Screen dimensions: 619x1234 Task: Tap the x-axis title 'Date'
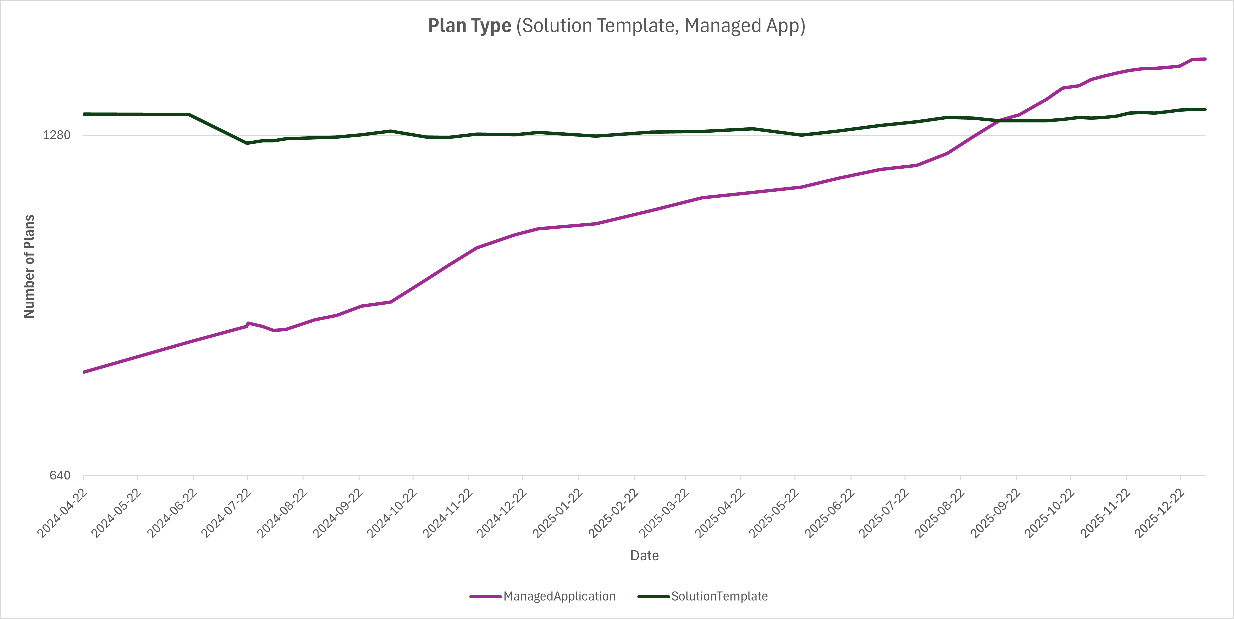644,555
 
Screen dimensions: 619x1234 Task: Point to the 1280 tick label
56,135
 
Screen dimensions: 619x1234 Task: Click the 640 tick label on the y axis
60,475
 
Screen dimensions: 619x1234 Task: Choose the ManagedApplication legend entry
559,596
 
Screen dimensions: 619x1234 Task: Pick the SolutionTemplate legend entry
719,596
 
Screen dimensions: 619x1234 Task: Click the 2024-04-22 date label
62,513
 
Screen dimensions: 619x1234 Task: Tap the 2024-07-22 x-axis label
226,513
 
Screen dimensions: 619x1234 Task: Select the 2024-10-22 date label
392,513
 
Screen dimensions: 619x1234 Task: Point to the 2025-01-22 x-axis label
558,513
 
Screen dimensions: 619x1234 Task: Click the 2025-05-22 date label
774,513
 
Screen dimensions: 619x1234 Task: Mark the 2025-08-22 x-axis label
940,513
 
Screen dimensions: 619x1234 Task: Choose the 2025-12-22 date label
1160,513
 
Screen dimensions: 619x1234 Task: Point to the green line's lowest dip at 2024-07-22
247,143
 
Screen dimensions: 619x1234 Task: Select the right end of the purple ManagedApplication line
1205,59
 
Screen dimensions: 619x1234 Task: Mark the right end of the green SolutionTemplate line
1205,109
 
